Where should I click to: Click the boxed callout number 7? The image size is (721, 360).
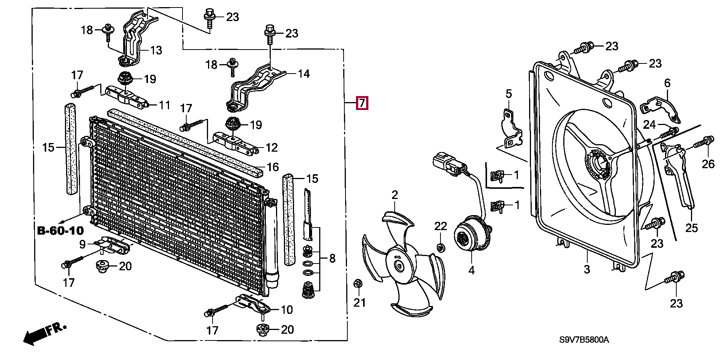click(362, 103)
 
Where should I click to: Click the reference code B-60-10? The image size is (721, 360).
click(60, 230)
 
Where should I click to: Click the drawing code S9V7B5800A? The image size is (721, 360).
click(584, 340)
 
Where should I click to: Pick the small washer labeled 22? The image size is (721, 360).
click(441, 247)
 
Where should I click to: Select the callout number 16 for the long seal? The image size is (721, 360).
click(273, 167)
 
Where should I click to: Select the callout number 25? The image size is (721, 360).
click(692, 228)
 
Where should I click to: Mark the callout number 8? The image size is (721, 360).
click(332, 258)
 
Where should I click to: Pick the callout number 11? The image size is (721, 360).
click(164, 105)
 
